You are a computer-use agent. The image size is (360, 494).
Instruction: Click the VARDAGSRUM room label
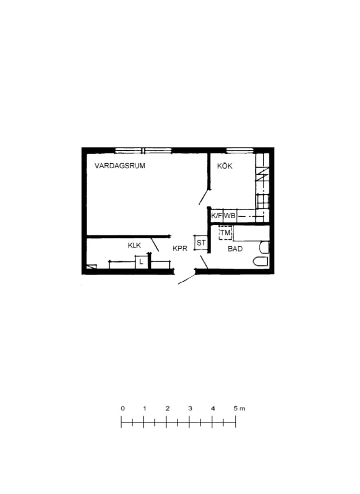click(120, 166)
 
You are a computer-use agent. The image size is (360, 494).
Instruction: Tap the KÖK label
click(224, 166)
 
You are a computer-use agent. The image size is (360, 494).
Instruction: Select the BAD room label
click(235, 249)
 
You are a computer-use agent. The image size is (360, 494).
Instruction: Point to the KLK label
click(135, 245)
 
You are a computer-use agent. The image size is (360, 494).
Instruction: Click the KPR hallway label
click(180, 249)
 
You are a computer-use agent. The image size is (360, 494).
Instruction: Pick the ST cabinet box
click(201, 243)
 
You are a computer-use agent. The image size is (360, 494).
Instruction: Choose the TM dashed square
click(225, 233)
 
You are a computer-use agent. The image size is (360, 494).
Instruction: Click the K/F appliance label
click(217, 216)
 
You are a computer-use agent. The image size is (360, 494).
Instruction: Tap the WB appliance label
click(229, 216)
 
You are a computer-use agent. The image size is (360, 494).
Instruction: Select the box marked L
click(141, 262)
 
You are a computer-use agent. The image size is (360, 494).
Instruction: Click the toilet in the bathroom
click(261, 262)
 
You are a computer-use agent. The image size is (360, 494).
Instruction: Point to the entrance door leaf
click(187, 279)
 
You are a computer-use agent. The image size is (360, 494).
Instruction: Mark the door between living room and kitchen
click(204, 197)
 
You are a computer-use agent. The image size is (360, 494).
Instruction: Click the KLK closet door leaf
click(155, 244)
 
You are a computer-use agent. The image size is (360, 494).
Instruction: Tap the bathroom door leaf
click(204, 262)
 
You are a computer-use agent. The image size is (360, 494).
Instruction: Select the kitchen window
click(240, 150)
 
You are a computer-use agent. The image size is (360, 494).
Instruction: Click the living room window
click(143, 151)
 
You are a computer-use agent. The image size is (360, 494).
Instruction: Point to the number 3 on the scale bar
click(190, 408)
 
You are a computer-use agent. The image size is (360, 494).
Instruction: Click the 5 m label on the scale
click(239, 408)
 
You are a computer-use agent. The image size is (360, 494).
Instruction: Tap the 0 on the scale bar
click(122, 408)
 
